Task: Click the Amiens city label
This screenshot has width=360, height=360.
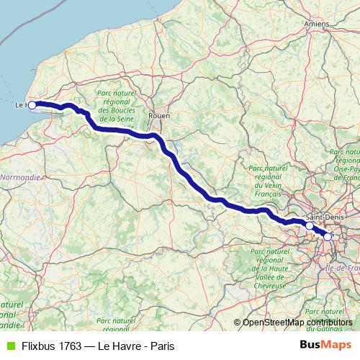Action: point(315,24)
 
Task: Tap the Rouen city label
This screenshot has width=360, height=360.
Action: point(157,115)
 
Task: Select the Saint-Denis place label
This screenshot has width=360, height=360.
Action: point(323,217)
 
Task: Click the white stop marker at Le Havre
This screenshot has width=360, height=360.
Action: point(32,105)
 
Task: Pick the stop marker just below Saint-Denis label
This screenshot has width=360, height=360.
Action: point(310,225)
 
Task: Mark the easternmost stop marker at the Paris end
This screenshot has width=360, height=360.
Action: point(328,236)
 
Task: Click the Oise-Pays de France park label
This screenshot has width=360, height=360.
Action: point(344,164)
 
